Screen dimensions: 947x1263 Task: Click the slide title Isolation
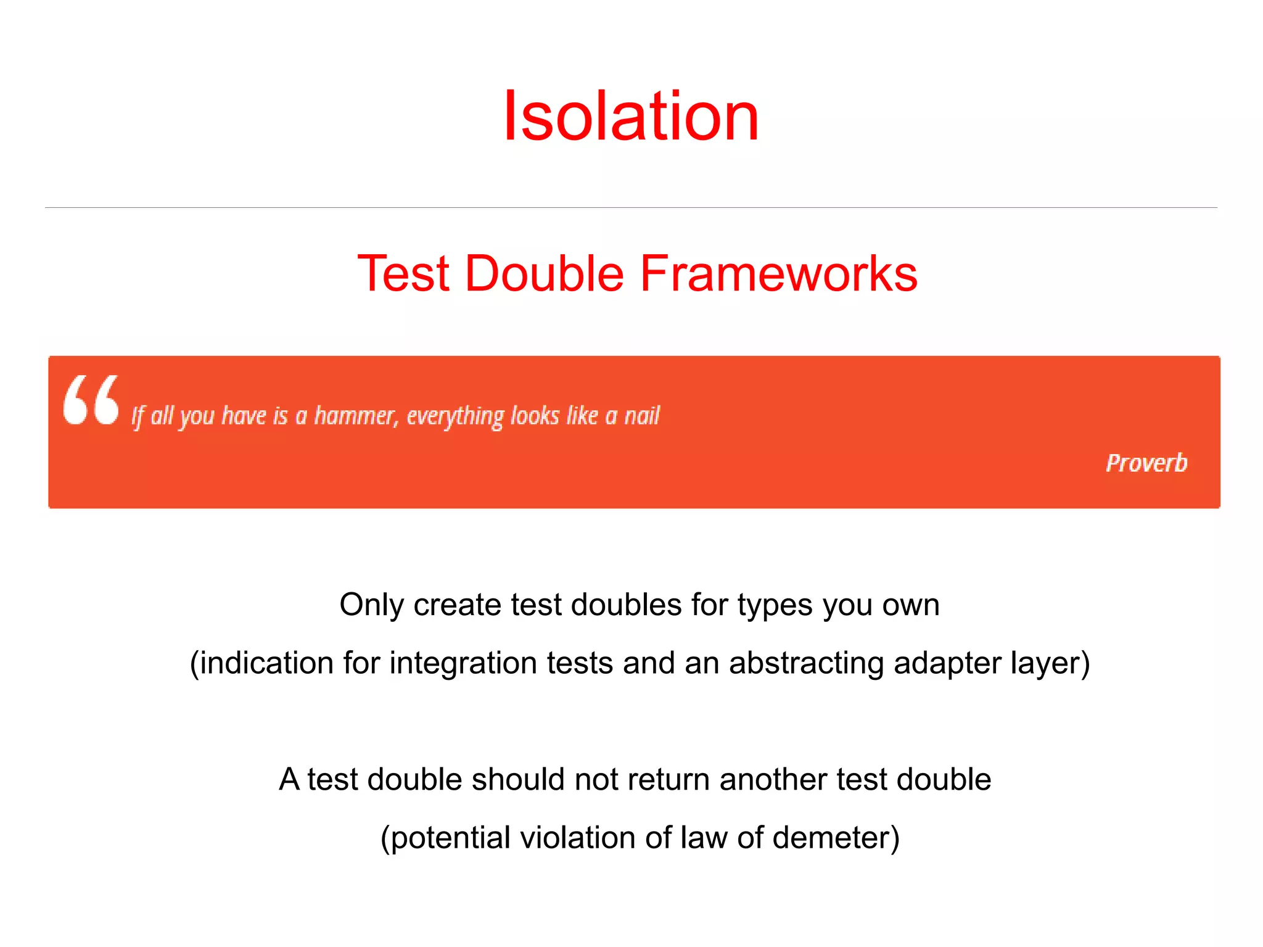[x=631, y=116]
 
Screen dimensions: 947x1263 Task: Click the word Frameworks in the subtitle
[x=778, y=273]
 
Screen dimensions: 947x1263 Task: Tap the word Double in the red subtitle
[x=544, y=273]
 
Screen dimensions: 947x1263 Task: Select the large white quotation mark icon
[x=91, y=400]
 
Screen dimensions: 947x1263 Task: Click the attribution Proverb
[x=1146, y=463]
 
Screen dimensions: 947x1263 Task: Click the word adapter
[x=947, y=664]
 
